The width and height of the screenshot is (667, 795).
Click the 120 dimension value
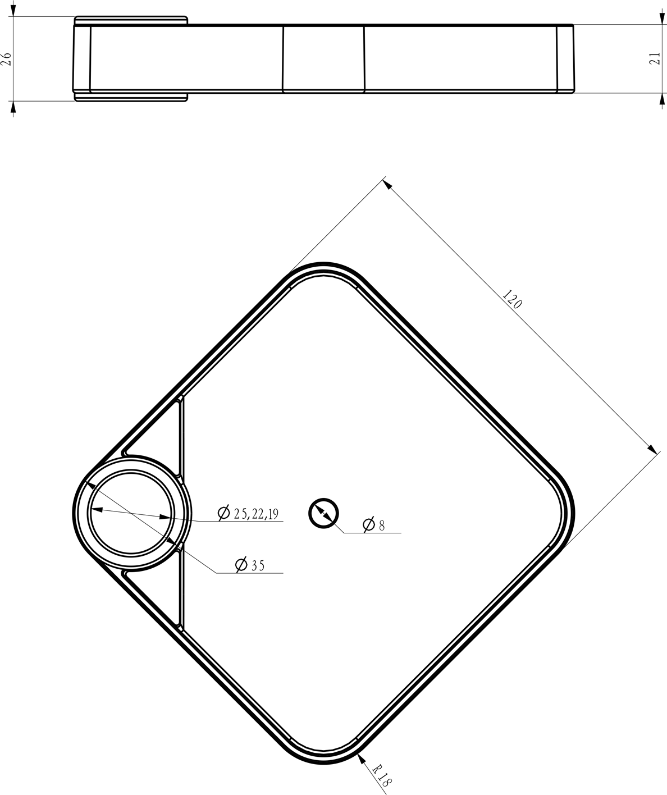click(513, 299)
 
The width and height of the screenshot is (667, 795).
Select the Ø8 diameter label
click(373, 525)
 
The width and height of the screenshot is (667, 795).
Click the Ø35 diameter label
click(250, 565)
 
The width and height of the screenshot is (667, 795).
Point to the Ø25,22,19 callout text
click(248, 513)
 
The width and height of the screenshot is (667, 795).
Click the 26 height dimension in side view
click(7, 59)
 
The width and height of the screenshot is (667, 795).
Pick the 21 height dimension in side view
click(654, 58)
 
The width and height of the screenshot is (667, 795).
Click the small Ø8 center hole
click(323, 513)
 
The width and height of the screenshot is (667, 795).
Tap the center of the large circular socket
click(131, 513)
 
